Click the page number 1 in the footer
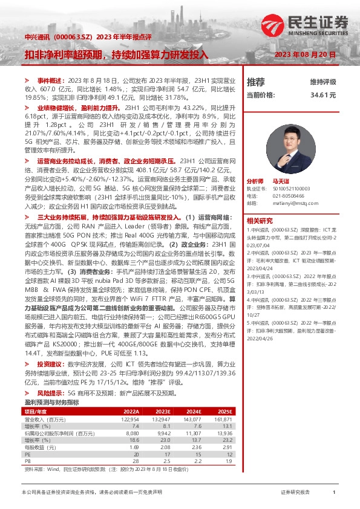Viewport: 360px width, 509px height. (x=334, y=493)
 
